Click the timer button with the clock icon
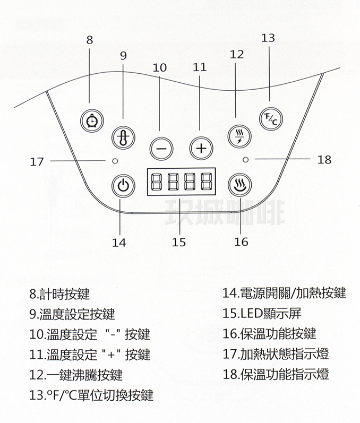(92, 120)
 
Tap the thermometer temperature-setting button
(123, 138)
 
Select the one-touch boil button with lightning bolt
(238, 136)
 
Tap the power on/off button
(123, 185)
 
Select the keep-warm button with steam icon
(240, 185)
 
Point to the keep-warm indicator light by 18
(245, 159)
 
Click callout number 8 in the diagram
(89, 39)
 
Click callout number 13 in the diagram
(269, 37)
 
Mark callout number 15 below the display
(179, 242)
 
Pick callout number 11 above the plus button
(200, 67)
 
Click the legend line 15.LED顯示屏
(263, 313)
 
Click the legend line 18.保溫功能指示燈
(276, 374)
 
